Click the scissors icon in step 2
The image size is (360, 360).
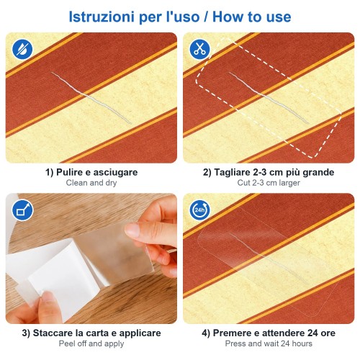199,49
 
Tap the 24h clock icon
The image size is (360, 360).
199,210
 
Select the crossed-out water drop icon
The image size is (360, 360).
22,49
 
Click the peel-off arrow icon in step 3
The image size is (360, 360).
22,210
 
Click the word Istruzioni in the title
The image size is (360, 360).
102,17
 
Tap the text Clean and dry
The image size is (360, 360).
91,183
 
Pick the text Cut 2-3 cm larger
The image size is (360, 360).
269,183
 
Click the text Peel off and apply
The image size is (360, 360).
91,343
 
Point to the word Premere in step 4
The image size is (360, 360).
230,333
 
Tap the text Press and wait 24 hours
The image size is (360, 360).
269,343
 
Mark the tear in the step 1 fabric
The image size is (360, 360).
91,98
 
